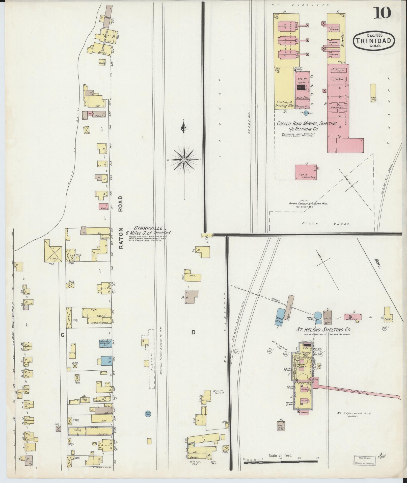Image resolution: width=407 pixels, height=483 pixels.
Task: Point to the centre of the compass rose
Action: coord(184,160)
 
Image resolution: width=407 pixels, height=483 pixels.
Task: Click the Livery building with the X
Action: coord(53,251)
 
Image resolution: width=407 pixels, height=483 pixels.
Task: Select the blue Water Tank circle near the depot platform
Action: coord(147,414)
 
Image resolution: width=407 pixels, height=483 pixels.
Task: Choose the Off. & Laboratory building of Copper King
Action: coord(306,172)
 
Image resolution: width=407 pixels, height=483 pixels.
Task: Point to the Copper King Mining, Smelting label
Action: coord(307,124)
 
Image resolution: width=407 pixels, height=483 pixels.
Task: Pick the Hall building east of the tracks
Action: coord(193,276)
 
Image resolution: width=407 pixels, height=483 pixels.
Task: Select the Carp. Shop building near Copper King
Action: coord(373,93)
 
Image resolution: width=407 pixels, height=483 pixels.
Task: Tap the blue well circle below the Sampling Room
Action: coord(306,113)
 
